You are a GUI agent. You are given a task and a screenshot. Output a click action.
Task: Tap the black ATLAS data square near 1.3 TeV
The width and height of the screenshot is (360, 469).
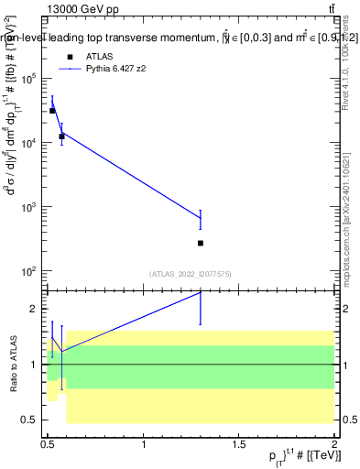201,243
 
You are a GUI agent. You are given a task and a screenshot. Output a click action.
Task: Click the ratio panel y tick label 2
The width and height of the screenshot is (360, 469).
34,309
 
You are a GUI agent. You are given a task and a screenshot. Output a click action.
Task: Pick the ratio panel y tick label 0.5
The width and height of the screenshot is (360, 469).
29,420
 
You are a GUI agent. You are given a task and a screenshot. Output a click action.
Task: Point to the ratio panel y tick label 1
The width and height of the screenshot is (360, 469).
34,365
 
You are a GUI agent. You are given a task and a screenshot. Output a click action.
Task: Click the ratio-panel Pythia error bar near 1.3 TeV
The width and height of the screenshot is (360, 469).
201,308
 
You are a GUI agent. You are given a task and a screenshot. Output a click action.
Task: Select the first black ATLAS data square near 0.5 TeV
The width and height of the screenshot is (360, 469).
52,111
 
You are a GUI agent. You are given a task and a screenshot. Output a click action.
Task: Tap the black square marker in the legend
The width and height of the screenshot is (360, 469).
70,56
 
